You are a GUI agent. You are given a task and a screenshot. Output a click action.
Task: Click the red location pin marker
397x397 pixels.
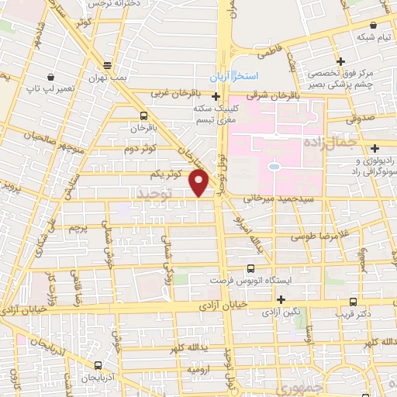(200, 183)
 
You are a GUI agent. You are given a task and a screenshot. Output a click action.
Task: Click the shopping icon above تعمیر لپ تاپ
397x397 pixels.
(51, 77)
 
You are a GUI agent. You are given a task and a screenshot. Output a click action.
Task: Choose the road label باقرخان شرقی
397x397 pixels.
(268, 95)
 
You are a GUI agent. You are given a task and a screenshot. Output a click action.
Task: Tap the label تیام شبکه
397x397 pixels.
(363, 37)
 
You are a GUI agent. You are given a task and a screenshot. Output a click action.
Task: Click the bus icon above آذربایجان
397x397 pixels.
(98, 364)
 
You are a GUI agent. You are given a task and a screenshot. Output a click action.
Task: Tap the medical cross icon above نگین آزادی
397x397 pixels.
(281, 299)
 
